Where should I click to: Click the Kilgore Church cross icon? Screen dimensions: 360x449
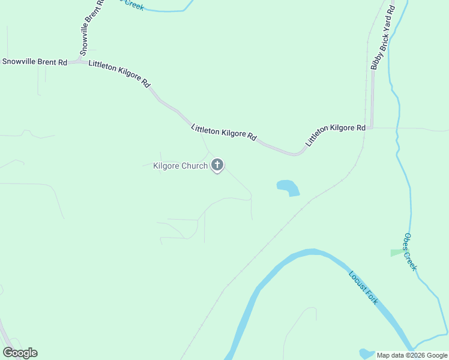[x=217, y=164]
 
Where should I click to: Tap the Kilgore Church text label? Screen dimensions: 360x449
[x=180, y=166]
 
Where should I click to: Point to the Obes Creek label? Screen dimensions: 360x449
[x=410, y=252]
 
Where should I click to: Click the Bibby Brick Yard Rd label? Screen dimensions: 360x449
[x=382, y=38]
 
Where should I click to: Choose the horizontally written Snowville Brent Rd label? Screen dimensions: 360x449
[x=34, y=62]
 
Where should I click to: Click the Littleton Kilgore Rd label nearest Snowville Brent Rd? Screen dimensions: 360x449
[x=119, y=74]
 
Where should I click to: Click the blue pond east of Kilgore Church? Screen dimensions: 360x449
[x=288, y=187]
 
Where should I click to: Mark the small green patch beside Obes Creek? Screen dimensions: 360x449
[x=396, y=253]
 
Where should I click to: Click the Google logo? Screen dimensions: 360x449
[x=20, y=353]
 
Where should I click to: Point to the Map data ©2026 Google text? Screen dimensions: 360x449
[x=412, y=355]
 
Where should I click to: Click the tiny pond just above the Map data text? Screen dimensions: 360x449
[x=366, y=353]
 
